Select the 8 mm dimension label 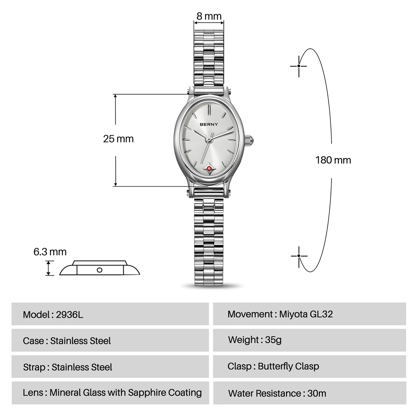(209, 16)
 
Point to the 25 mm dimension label (118, 139)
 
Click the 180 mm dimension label (333, 160)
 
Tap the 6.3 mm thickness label (50, 252)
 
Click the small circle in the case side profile (100, 270)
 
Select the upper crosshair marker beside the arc (299, 66)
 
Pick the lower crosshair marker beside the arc (299, 256)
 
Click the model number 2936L (69, 314)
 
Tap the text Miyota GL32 (306, 314)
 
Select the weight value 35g (273, 340)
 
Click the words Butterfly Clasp (288, 366)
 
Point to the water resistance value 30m (317, 393)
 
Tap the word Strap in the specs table (34, 367)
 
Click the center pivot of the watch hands (209, 140)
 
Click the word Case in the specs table (33, 341)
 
